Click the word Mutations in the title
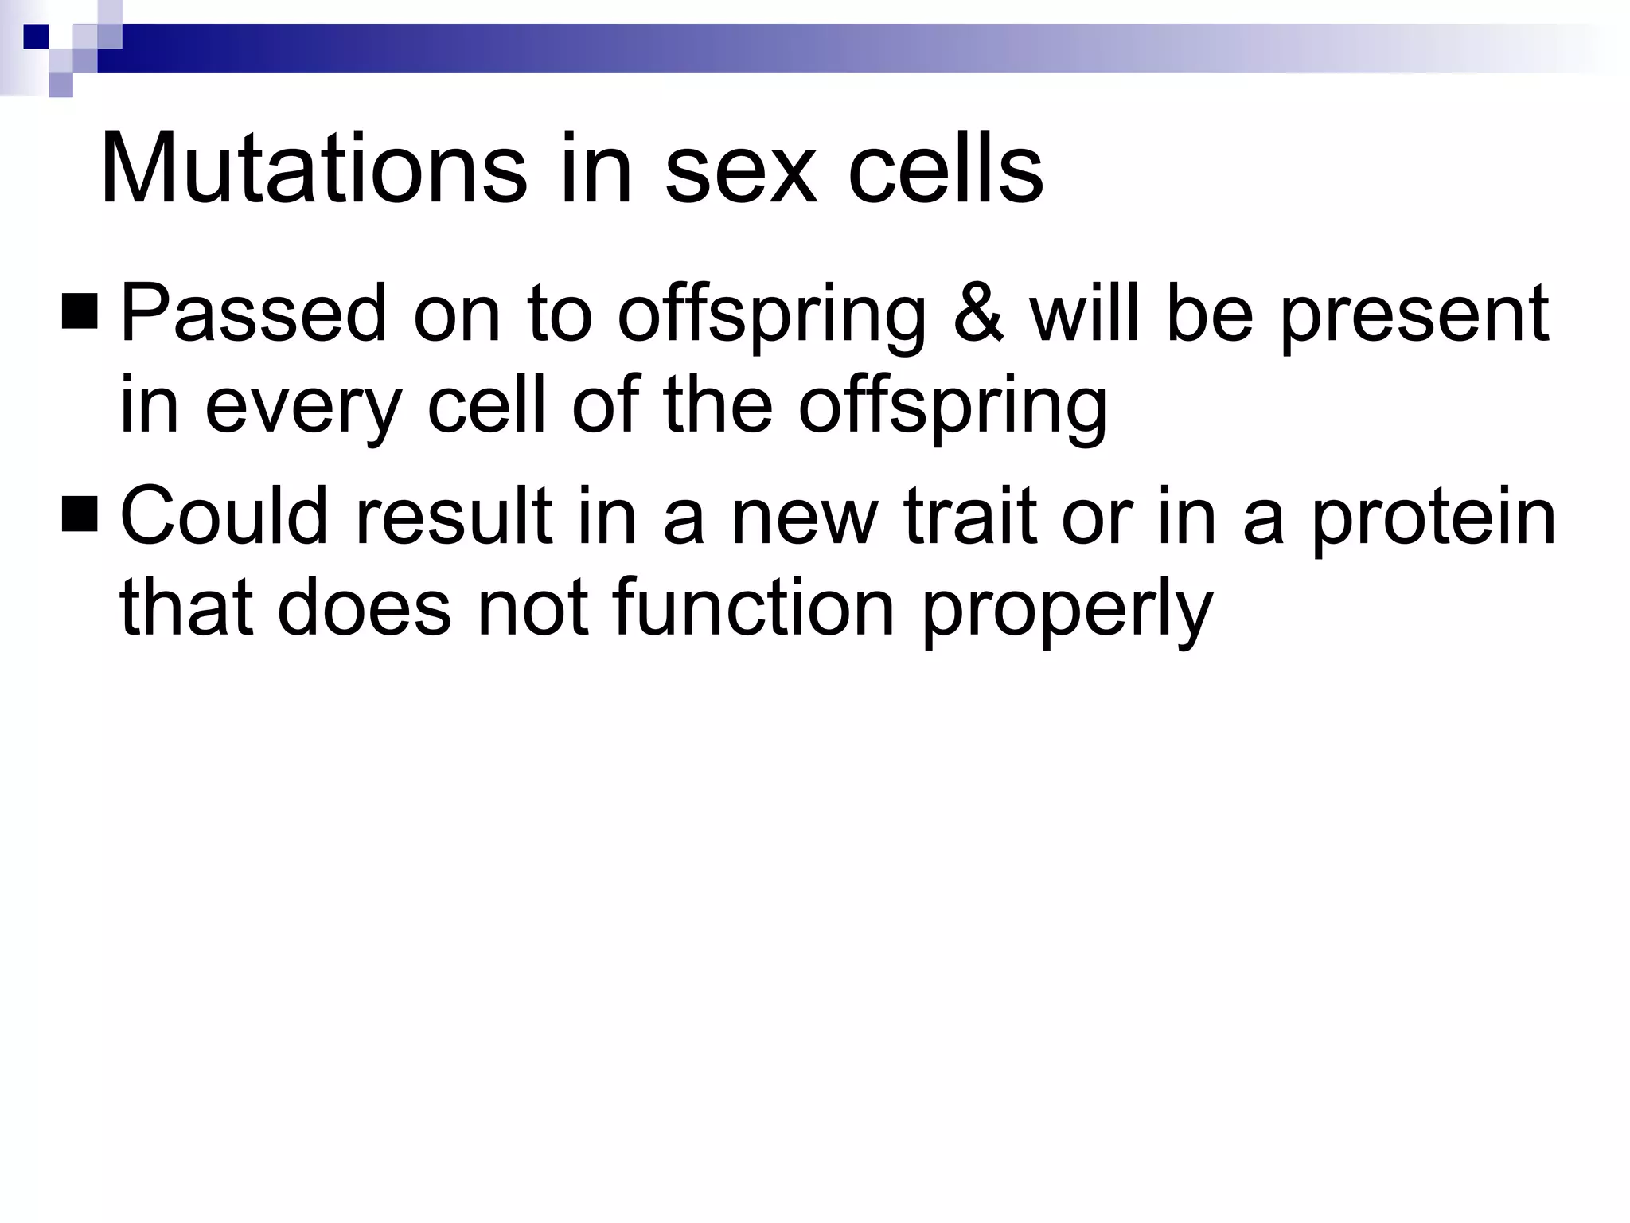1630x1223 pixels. coord(313,170)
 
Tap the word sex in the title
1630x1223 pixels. coord(740,170)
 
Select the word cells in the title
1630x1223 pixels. coord(945,170)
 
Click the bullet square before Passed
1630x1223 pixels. coord(80,312)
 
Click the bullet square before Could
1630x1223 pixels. coord(80,514)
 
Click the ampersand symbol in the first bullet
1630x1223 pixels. coord(978,314)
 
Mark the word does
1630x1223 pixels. coord(364,608)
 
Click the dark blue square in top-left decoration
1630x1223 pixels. coord(37,37)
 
